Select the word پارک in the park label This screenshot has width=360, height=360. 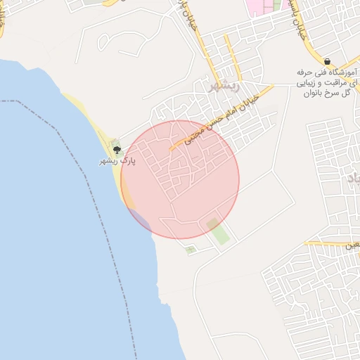(128, 161)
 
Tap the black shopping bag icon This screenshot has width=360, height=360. (328, 62)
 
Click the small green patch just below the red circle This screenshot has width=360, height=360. (190, 248)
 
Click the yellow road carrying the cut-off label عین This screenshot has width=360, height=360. (330, 243)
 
